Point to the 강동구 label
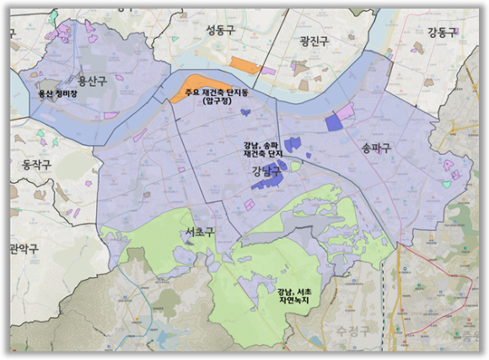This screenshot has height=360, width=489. (x=441, y=33)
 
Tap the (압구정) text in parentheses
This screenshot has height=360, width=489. (x=221, y=101)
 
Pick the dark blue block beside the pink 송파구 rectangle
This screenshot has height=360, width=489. (x=334, y=122)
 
